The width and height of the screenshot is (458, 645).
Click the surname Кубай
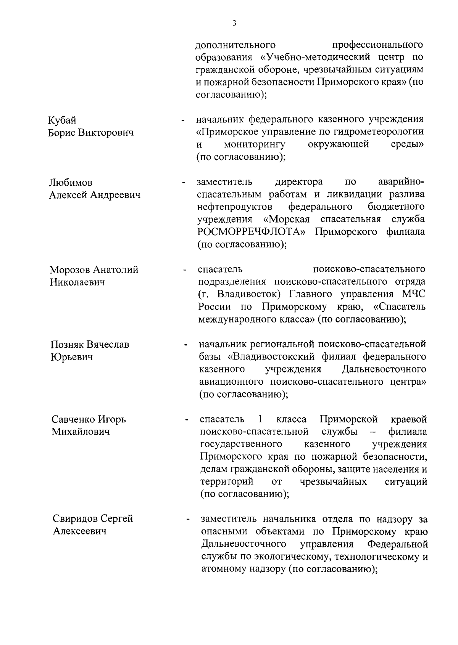62,120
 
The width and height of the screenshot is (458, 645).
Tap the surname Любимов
71,183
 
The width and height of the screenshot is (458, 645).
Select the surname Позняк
67,345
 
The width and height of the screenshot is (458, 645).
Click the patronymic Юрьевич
72,358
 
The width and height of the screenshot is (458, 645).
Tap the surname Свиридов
76,519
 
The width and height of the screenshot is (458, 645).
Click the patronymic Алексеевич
79,531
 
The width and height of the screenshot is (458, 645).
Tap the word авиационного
231,382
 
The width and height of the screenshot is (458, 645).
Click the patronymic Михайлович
81,432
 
